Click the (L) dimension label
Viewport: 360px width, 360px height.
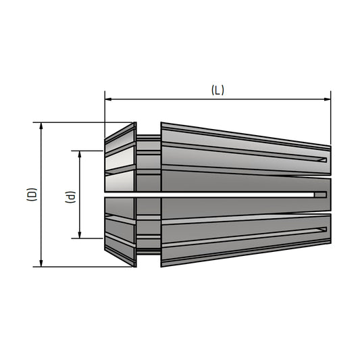(217, 91)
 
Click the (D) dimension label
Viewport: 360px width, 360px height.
(32, 195)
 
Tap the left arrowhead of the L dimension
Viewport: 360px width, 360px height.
(108, 99)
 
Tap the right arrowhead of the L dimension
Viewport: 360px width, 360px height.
(327, 99)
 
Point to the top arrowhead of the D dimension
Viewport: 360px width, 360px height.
(41, 126)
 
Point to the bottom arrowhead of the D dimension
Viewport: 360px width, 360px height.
(41, 263)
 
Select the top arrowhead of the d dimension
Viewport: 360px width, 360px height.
(80, 154)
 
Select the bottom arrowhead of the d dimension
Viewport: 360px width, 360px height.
(80, 235)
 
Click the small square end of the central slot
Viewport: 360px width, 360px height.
(320, 195)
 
